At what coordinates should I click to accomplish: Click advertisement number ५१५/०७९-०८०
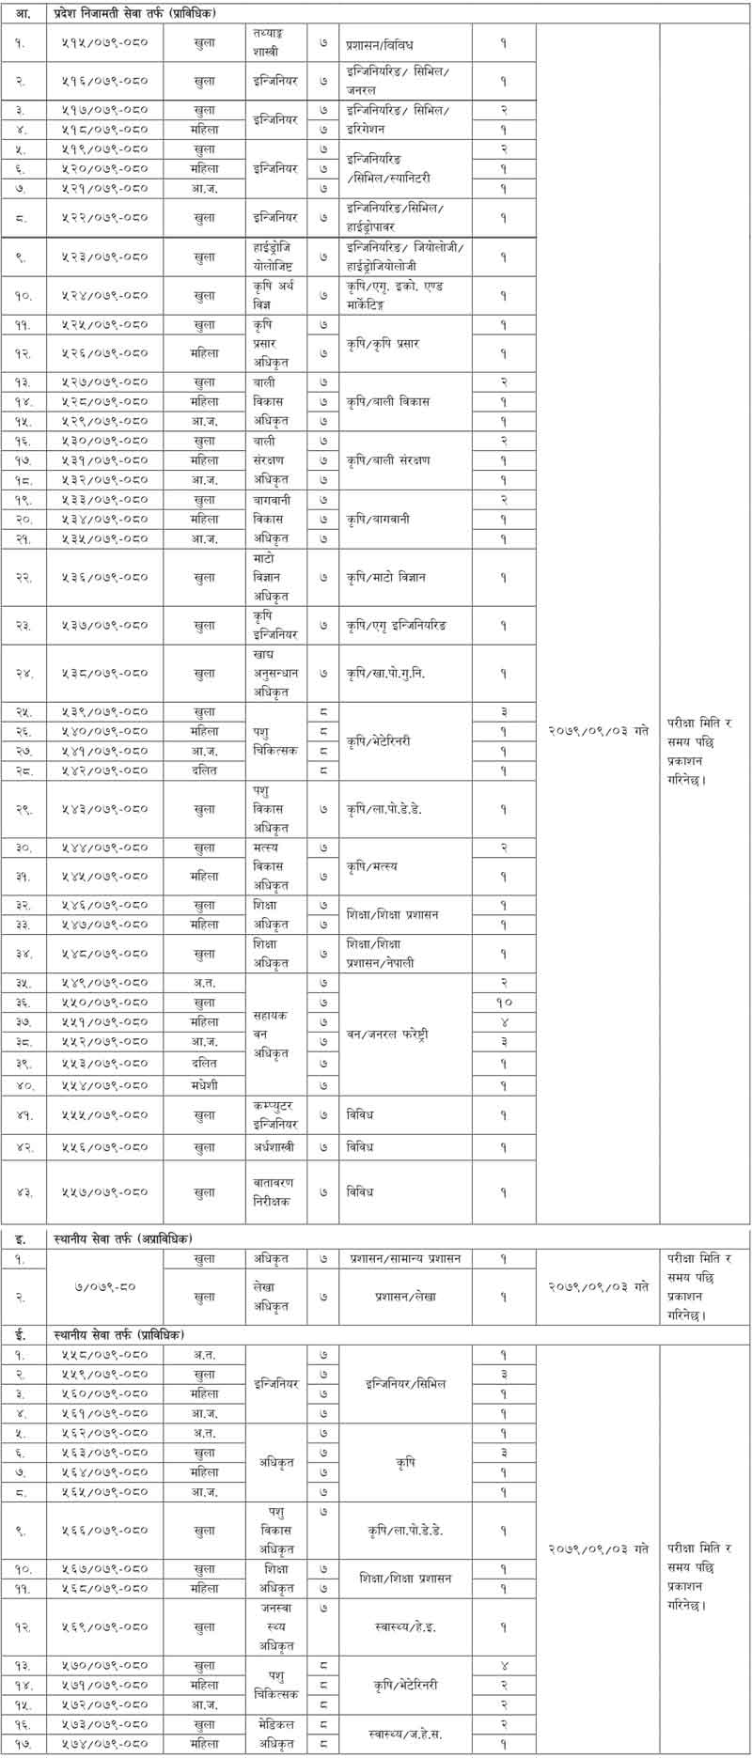110,44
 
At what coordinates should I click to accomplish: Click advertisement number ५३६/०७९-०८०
110,577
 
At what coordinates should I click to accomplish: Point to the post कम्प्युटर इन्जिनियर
275,1114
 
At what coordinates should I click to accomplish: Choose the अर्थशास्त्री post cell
275,1147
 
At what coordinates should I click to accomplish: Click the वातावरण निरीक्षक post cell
275,1191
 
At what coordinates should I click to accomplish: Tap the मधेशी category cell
204,1085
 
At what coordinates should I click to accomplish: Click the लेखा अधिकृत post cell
275,1297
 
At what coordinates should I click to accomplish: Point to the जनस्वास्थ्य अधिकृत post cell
275,1626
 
